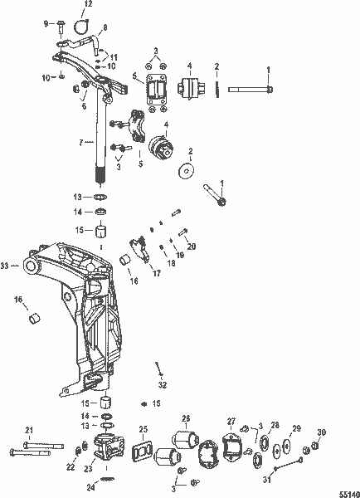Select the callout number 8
point(103,28)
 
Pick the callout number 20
point(192,247)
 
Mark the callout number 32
point(163,385)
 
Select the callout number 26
point(186,418)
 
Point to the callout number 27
point(232,422)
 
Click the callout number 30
point(322,432)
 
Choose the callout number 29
point(296,429)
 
